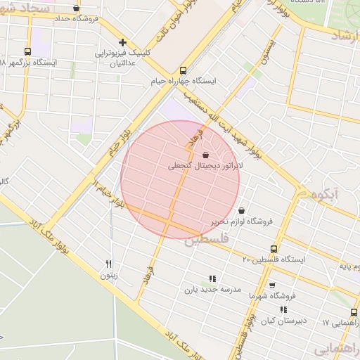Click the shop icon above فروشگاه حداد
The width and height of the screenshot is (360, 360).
(76, 8)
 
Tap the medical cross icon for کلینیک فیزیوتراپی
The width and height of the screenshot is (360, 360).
(123, 43)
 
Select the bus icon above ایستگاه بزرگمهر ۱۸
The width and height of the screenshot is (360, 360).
(27, 51)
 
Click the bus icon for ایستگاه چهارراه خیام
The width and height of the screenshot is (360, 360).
(184, 70)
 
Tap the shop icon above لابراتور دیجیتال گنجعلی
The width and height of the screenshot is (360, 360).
(205, 155)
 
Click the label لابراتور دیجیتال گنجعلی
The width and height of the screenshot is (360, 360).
(205, 167)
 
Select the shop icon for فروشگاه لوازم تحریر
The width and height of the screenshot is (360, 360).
(242, 210)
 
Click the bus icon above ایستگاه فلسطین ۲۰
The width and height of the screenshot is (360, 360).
(274, 249)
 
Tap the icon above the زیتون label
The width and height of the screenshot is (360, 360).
(108, 264)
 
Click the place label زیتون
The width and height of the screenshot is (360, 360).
(108, 276)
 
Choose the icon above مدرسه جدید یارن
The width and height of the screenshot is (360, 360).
(213, 278)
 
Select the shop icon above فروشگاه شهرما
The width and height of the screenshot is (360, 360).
(272, 285)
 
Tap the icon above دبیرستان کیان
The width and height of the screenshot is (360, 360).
(283, 309)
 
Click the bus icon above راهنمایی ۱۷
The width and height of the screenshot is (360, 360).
(354, 313)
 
